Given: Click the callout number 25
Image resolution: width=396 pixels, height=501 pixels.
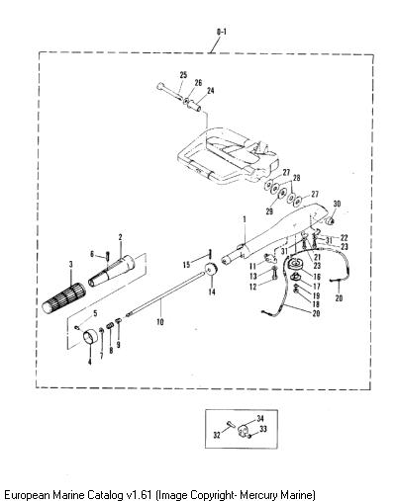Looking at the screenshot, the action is pyautogui.click(x=183, y=75).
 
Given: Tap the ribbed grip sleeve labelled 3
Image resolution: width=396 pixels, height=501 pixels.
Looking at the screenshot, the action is pyautogui.click(x=64, y=297).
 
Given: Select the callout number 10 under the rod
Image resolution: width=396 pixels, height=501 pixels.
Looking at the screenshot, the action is pyautogui.click(x=160, y=321).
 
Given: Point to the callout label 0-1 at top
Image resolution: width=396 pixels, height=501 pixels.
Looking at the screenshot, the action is pyautogui.click(x=222, y=32).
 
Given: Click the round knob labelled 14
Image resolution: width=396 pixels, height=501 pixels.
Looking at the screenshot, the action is pyautogui.click(x=210, y=270).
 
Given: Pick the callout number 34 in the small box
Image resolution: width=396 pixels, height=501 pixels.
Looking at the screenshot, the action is pyautogui.click(x=260, y=418).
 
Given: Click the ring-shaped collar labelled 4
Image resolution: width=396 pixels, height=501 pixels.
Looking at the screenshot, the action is pyautogui.click(x=90, y=337).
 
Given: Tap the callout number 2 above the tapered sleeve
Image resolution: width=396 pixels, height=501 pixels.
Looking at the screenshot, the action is pyautogui.click(x=120, y=237).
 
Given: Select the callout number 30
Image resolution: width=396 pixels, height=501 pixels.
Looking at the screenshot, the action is pyautogui.click(x=337, y=204).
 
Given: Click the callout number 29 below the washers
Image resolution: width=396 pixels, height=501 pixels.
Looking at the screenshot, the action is pyautogui.click(x=269, y=211).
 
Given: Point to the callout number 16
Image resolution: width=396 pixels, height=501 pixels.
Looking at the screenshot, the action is pyautogui.click(x=317, y=277).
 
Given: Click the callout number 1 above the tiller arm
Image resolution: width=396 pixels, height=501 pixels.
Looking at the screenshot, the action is pyautogui.click(x=245, y=218).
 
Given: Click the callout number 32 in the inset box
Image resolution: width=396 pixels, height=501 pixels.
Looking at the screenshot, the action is pyautogui.click(x=217, y=435).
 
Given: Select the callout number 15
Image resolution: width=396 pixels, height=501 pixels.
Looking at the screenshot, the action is pyautogui.click(x=187, y=264).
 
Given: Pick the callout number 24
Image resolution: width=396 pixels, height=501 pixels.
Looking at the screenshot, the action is pyautogui.click(x=210, y=90).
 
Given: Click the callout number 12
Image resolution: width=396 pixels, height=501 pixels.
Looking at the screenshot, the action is pyautogui.click(x=253, y=287).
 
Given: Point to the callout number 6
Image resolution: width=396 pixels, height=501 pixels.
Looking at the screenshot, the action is pyautogui.click(x=93, y=254).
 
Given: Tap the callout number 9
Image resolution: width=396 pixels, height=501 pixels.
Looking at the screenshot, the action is pyautogui.click(x=118, y=345).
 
